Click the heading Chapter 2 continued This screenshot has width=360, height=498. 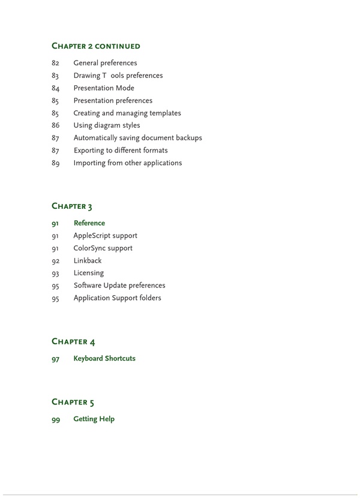click(96, 46)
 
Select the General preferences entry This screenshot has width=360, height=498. click(105, 63)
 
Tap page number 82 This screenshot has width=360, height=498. click(56, 63)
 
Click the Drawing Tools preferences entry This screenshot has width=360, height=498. click(118, 76)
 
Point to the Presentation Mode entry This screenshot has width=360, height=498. click(104, 88)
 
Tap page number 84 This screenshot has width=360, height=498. click(56, 88)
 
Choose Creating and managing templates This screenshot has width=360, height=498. click(127, 113)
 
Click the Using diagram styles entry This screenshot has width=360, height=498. click(107, 125)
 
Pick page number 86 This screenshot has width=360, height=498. click(56, 125)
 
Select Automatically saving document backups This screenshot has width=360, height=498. click(137, 138)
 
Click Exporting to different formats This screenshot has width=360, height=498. click(121, 151)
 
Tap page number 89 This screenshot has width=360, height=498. click(56, 163)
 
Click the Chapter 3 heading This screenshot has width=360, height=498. click(72, 206)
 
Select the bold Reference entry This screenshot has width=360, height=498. click(89, 223)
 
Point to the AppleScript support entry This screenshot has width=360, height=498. click(105, 236)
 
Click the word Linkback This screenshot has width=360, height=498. click(88, 260)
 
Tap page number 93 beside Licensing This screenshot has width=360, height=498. click(56, 273)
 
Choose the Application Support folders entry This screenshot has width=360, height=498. click(117, 298)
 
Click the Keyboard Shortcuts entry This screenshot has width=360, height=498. click(104, 359)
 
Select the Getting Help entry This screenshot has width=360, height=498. click(94, 419)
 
